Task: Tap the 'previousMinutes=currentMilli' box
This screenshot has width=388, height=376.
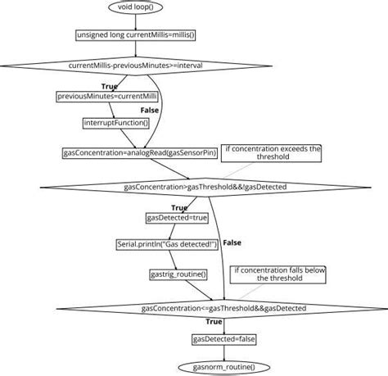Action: (97, 97)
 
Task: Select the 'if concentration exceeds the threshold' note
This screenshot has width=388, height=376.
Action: (273, 154)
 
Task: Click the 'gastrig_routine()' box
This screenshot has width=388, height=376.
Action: (178, 274)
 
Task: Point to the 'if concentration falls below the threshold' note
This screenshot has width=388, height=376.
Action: (280, 274)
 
